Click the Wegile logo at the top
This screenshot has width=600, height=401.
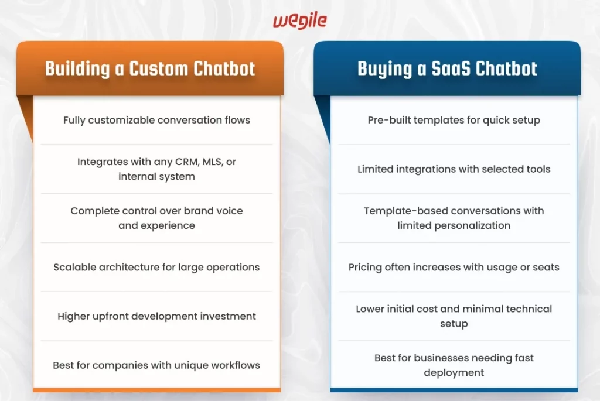coord(299,21)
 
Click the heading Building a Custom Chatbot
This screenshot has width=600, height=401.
coord(150,68)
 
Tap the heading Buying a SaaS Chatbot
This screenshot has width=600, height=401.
coord(447,68)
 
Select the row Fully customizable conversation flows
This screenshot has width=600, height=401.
coord(156,120)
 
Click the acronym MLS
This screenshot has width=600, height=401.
coord(212,162)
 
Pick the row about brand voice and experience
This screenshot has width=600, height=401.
coord(156,218)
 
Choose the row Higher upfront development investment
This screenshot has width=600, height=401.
coord(156,316)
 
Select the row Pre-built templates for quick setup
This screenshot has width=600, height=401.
coord(454,120)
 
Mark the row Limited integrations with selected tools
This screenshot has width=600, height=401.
coord(454,169)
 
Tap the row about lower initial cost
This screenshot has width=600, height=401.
coord(454,316)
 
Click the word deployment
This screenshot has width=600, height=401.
coord(454,373)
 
